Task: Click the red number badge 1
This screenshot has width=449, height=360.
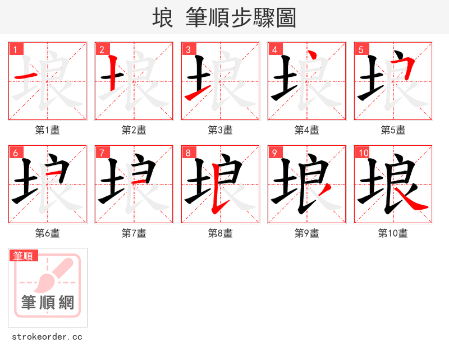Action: point(16,49)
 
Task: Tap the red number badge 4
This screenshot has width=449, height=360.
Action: point(275,49)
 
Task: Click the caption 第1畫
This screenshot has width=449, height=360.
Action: point(48,130)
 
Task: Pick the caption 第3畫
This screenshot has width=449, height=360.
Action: point(221,130)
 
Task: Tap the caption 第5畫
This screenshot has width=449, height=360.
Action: point(393,130)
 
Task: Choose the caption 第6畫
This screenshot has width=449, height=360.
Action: point(48,233)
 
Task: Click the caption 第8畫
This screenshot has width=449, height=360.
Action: point(221,233)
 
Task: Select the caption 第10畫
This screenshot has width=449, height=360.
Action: point(393,233)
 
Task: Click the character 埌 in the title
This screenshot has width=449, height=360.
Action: point(163,18)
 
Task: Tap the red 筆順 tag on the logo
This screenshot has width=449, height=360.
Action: point(24,256)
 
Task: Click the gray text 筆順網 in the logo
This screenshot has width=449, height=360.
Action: point(48,303)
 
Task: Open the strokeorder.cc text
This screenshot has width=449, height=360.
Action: point(48,337)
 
